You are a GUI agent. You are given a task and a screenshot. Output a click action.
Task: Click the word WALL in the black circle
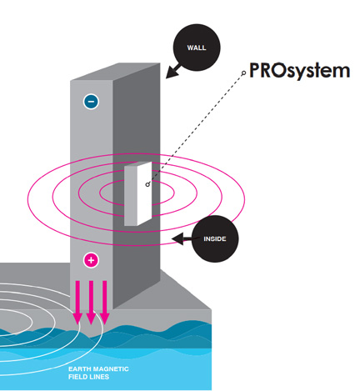coord(197,48)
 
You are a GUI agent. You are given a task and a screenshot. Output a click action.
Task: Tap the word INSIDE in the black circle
coord(215,239)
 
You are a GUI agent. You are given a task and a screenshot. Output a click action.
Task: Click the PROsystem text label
coord(299,71)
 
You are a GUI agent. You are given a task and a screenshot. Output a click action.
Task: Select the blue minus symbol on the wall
coord(91,101)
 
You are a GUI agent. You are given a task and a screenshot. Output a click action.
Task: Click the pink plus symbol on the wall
coord(91,260)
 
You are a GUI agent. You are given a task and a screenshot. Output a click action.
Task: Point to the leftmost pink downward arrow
coord(77,303)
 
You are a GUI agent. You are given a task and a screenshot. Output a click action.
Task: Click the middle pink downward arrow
coord(91,303)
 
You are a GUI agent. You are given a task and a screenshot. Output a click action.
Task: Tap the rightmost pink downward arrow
coord(104,303)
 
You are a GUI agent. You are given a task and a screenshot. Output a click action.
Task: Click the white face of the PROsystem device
coord(144,193)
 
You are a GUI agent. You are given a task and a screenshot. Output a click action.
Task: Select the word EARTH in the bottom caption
coord(79,369)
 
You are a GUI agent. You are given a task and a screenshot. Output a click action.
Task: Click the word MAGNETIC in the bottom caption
coord(111,369)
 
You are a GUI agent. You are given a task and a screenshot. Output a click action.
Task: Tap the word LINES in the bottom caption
coord(99,377)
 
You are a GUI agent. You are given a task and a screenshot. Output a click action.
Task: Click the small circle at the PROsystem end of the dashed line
coord(244,73)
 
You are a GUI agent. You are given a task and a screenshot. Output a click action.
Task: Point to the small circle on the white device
coord(147,184)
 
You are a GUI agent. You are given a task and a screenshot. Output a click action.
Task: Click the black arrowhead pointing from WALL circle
coord(172,72)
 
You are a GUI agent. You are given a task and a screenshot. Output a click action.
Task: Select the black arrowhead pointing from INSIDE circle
coord(178,239)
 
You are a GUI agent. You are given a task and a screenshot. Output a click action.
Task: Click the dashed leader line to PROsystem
coord(196,128)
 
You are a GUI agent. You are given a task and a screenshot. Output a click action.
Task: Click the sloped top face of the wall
coord(115,72)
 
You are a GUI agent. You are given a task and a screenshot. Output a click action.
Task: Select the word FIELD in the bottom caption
coord(77,377)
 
